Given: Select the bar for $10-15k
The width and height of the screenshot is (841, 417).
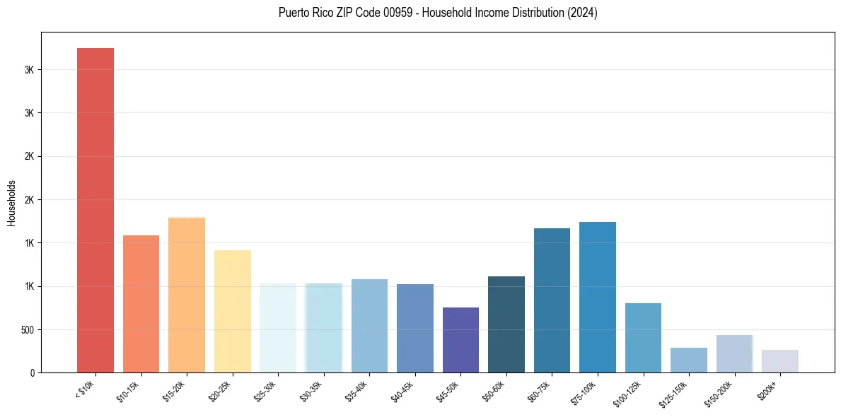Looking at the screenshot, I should click(x=141, y=304).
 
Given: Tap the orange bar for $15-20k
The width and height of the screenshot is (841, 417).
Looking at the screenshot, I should click(x=187, y=295).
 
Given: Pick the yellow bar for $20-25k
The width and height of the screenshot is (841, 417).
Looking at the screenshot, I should click(x=232, y=311).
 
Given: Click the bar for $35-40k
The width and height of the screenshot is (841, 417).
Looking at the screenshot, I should click(x=369, y=326).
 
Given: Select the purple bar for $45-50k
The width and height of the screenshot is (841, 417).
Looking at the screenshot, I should click(x=460, y=340).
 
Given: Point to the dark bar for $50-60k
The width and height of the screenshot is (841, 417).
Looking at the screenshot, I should click(x=506, y=324).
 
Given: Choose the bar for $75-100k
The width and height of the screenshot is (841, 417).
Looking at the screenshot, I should click(x=598, y=297).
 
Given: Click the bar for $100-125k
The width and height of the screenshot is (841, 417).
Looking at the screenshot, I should click(x=643, y=338).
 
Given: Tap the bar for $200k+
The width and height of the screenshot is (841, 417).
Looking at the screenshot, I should click(x=780, y=361).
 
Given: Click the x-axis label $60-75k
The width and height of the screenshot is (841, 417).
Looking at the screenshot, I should click(x=538, y=389).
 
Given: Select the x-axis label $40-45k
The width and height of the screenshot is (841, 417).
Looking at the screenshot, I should click(x=401, y=389).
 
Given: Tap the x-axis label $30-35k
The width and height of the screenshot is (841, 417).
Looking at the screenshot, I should click(x=310, y=389).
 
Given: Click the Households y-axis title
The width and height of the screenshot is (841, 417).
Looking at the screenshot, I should click(x=11, y=204).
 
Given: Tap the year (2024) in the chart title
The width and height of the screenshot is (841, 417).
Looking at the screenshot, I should click(x=582, y=13).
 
